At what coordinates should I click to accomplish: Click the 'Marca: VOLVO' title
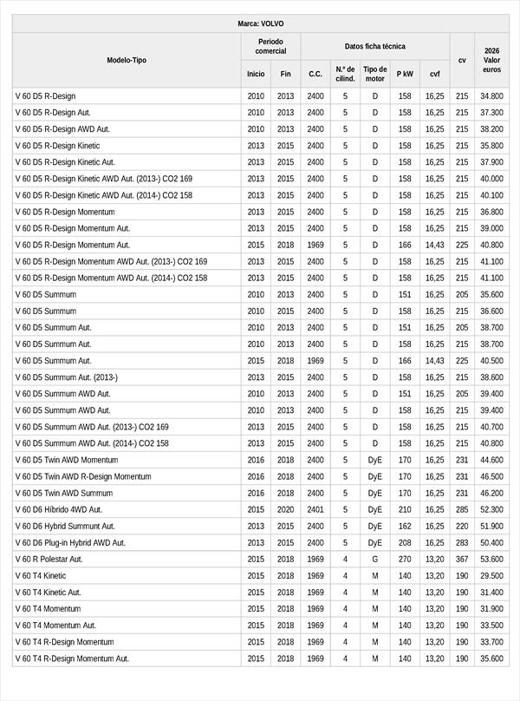click(260, 23)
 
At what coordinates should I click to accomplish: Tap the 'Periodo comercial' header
click(270, 46)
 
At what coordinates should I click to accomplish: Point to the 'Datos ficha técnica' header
click(374, 46)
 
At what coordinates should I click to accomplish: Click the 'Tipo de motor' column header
click(375, 74)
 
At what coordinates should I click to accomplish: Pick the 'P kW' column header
click(405, 74)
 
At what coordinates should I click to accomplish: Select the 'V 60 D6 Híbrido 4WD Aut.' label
click(58, 509)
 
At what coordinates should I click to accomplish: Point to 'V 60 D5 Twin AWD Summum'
click(64, 493)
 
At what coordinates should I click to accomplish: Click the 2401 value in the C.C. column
click(315, 509)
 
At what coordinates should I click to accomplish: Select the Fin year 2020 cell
click(286, 509)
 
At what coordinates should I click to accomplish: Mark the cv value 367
click(462, 559)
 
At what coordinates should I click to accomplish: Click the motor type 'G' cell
click(375, 559)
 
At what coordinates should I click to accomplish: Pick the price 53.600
click(491, 559)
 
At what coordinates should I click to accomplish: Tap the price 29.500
click(491, 575)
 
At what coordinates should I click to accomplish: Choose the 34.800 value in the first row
click(491, 95)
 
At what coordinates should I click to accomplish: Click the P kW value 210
click(405, 509)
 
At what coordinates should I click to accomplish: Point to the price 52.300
click(491, 509)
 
